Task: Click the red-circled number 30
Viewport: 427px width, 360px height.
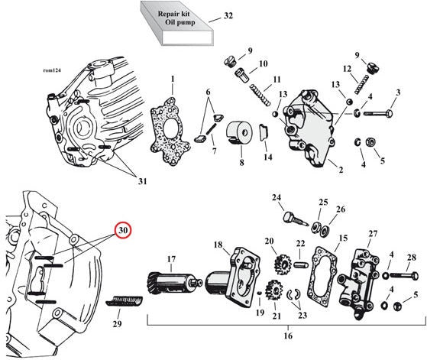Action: pyautogui.click(x=123, y=231)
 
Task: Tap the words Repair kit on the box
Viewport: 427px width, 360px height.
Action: pyautogui.click(x=173, y=14)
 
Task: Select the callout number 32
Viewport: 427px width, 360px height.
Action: pyautogui.click(x=228, y=16)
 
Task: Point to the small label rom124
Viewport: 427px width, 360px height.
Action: pyautogui.click(x=52, y=70)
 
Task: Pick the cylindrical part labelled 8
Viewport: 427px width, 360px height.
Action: pyautogui.click(x=240, y=133)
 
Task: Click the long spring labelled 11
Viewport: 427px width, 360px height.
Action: pyautogui.click(x=260, y=95)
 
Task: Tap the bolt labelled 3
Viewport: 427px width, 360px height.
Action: pyautogui.click(x=378, y=113)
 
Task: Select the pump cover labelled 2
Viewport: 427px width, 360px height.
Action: pyautogui.click(x=309, y=128)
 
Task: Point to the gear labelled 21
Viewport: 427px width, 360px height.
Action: pyautogui.click(x=275, y=290)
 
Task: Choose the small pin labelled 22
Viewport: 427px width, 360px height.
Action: pyautogui.click(x=300, y=264)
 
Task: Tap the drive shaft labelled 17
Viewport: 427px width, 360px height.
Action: pyautogui.click(x=174, y=283)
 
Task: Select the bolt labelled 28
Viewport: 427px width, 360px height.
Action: pyautogui.click(x=404, y=276)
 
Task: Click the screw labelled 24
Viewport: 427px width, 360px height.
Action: pyautogui.click(x=296, y=219)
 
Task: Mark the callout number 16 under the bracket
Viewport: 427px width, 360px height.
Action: pyautogui.click(x=288, y=336)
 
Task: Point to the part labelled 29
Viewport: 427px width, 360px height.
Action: pyautogui.click(x=124, y=301)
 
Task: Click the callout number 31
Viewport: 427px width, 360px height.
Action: pyautogui.click(x=142, y=181)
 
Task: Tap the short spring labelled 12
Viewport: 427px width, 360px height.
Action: pyautogui.click(x=362, y=84)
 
